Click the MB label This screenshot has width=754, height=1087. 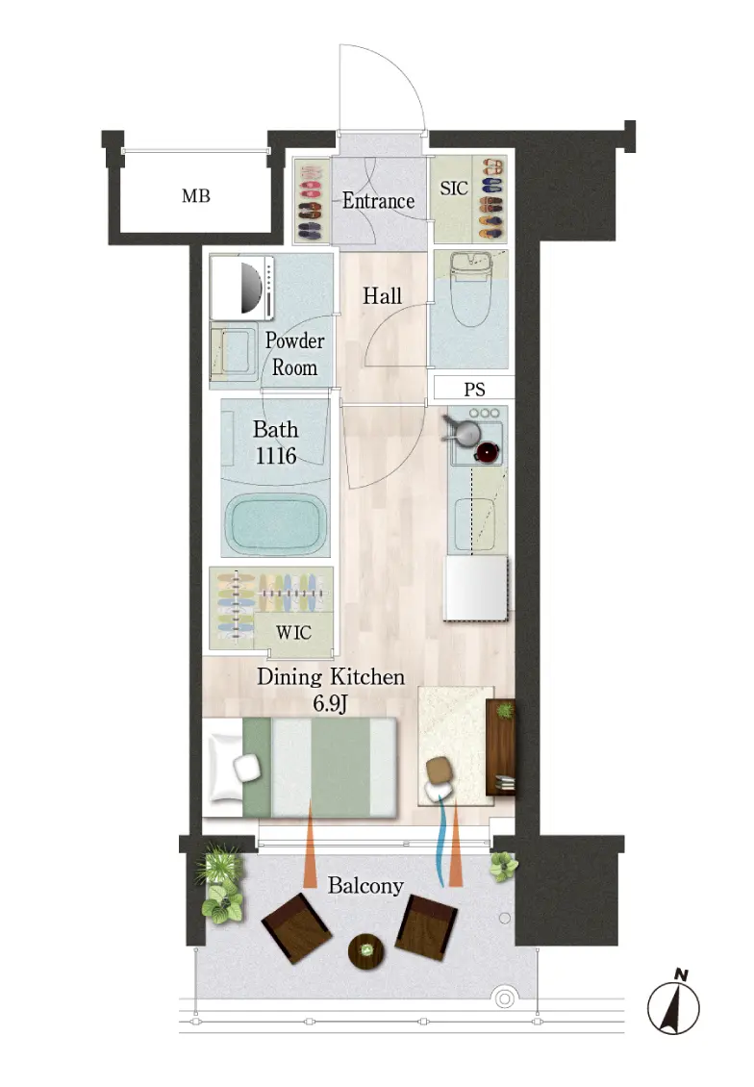pos(195,196)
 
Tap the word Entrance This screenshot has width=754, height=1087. pos(378,201)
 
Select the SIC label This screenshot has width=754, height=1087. pos(454,188)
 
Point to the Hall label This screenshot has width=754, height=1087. pos(382,296)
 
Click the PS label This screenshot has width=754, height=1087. pos(474,390)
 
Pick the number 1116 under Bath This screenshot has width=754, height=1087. pos(276,455)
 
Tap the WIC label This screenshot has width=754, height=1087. pos(293,632)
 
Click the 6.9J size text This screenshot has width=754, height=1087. pos(330,703)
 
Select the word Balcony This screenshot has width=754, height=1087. pos(365,885)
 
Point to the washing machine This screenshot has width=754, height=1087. pos(241,287)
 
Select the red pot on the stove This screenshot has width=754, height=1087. pos(488,452)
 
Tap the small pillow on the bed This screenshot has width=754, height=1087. pos(247,768)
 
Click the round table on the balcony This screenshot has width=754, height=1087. pos(365,951)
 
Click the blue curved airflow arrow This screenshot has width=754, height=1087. pos(440,840)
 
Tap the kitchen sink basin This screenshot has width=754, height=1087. pos(475,524)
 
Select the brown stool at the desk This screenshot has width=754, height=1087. pos(439,769)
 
